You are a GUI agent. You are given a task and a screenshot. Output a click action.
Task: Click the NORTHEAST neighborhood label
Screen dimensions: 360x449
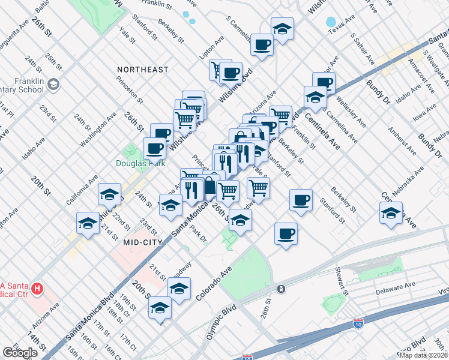coord(143,70)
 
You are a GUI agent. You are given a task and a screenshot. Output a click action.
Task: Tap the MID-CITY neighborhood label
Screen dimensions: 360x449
coord(143,242)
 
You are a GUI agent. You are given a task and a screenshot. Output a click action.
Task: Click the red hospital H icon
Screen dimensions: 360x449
coord(37,289)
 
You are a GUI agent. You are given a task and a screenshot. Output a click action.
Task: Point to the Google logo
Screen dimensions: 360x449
coord(20,353)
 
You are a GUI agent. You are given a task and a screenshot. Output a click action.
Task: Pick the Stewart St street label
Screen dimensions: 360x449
coord(343,281)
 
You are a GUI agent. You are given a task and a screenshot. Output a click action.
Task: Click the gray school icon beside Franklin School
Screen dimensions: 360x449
coord(54,84)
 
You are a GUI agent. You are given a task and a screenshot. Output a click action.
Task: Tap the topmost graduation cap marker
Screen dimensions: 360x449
coord(282,28)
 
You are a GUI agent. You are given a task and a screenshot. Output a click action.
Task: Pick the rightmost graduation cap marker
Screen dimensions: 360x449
coord(391,213)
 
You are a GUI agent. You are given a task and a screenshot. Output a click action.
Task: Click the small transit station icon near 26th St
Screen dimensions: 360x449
coord(281,289)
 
